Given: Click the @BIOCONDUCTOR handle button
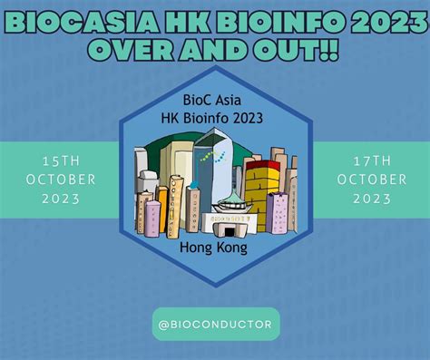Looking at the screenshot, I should tap(214, 321).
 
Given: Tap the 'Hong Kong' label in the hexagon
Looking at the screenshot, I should tap(215, 246).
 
